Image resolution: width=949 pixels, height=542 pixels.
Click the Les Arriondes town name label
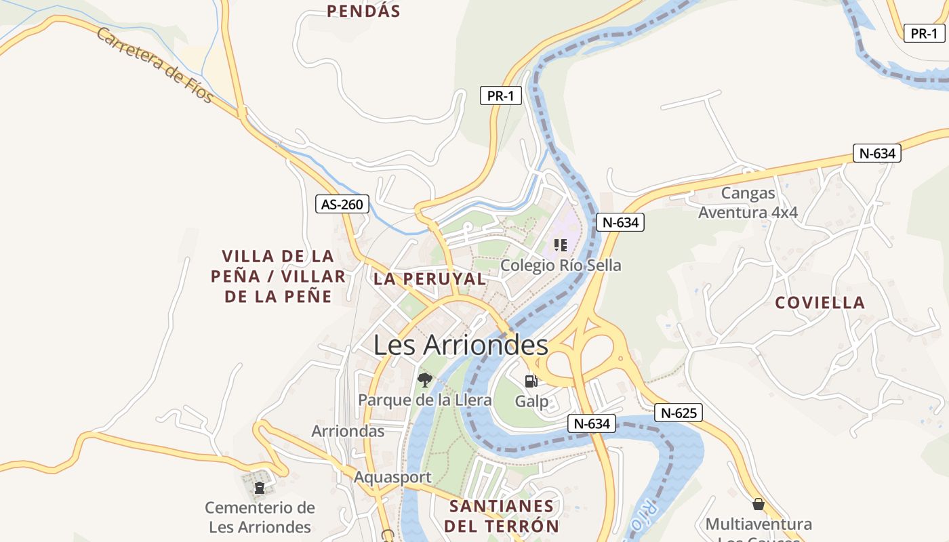460,346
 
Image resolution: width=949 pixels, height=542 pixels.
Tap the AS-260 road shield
342,204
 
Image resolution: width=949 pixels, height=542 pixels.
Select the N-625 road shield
679,413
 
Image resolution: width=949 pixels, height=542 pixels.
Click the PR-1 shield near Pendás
500,96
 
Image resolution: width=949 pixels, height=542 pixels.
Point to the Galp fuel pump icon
531,381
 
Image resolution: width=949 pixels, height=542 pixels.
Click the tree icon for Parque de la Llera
425,379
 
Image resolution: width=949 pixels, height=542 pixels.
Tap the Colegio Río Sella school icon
560,245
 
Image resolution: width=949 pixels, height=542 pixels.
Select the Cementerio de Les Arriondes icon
259,487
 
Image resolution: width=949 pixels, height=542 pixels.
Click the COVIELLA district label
820,303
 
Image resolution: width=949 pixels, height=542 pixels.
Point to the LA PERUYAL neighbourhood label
430,279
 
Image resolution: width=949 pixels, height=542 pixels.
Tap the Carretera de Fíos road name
155,65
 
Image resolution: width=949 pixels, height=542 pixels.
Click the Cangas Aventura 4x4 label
748,203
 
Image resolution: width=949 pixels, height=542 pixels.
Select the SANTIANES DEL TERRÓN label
502,516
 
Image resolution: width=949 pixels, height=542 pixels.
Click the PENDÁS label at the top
363,11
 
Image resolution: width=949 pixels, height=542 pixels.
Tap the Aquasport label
392,477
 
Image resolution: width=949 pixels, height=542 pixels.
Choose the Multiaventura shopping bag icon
758,504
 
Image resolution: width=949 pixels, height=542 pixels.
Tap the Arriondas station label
348,431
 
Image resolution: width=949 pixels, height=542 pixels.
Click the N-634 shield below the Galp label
592,423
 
